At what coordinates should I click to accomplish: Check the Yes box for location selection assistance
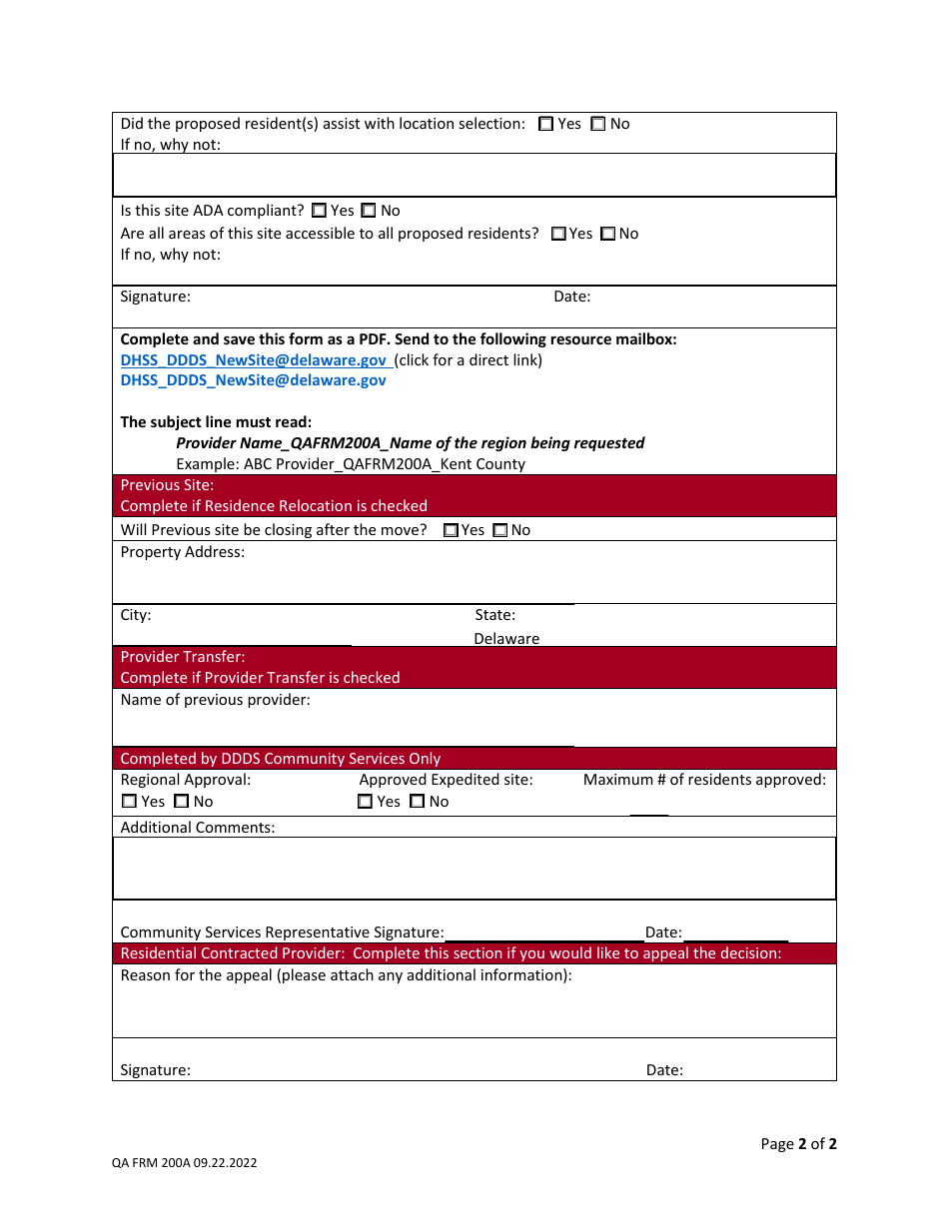(x=546, y=125)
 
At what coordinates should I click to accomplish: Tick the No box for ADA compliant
(x=369, y=211)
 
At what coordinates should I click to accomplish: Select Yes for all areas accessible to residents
(x=558, y=234)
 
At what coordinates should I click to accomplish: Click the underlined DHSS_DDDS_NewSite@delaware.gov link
(x=254, y=360)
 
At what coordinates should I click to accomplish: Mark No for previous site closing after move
(x=500, y=530)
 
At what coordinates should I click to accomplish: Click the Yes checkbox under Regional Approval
(x=130, y=802)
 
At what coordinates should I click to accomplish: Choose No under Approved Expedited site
(x=418, y=802)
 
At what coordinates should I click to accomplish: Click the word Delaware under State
(x=506, y=639)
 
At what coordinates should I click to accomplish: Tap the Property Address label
(x=182, y=552)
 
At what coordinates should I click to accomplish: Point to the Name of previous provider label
(x=215, y=700)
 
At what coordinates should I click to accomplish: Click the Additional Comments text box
(x=474, y=869)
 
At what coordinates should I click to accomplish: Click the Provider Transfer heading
(x=183, y=657)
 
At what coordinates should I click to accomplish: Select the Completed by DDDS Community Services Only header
(x=280, y=759)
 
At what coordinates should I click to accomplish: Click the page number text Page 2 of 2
(x=798, y=1144)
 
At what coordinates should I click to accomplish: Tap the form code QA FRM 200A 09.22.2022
(x=184, y=1163)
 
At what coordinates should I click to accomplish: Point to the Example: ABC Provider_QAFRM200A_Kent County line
(x=350, y=464)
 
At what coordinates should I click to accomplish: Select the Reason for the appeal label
(x=346, y=975)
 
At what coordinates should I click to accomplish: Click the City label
(x=136, y=615)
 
